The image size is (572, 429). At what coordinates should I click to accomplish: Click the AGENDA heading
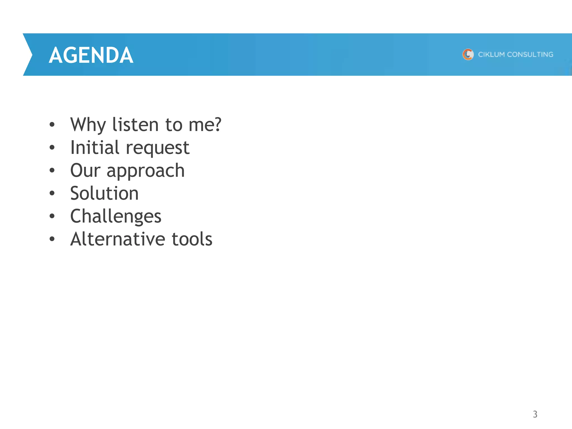point(91,55)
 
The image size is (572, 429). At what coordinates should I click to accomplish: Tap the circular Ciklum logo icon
point(468,54)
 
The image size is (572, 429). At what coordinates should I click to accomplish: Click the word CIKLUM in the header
point(491,54)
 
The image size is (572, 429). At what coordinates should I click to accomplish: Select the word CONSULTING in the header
point(530,54)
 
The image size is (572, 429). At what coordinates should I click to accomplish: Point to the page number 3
point(535,414)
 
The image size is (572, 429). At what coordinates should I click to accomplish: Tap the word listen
point(135,125)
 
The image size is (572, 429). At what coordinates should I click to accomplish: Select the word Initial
point(95,147)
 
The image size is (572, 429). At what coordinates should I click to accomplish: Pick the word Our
point(85,170)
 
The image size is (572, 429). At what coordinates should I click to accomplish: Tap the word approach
point(146,171)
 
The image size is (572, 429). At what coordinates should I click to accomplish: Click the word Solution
point(104,193)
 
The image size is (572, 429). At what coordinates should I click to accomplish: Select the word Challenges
point(116,216)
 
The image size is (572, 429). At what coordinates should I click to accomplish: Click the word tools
point(192,239)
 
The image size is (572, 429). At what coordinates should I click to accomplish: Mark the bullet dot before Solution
point(52,193)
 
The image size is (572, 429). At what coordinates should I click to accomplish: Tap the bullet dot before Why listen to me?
point(52,124)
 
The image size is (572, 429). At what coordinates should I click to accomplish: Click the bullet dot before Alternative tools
point(52,239)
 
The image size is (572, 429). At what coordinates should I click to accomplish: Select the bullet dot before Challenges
point(52,216)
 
